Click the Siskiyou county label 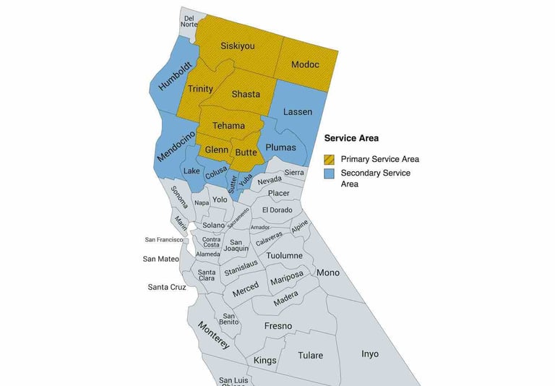coord(237,46)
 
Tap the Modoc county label coord(305,64)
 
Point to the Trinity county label coord(200,89)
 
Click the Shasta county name coord(246,94)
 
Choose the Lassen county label coord(298,112)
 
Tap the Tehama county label coord(228,126)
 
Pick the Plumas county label coord(281,147)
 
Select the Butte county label coord(246,153)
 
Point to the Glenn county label coord(217,150)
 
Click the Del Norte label coord(189,21)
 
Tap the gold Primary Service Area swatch coord(330,159)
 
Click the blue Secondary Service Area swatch coord(330,173)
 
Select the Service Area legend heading coord(351,138)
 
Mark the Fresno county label coord(277,326)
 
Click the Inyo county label coord(369,354)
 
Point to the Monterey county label coord(215,335)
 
